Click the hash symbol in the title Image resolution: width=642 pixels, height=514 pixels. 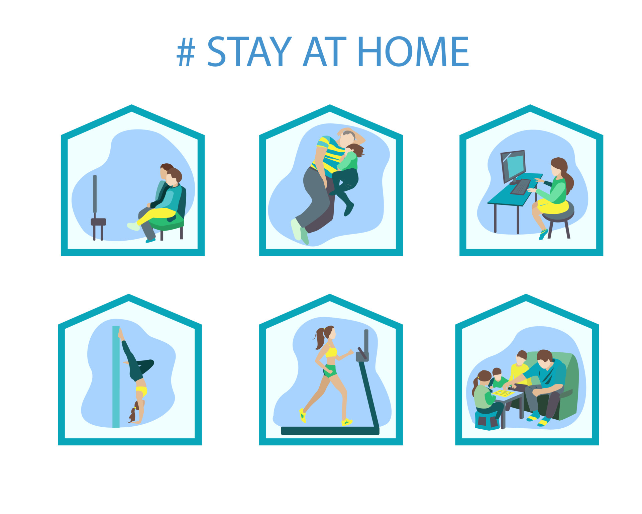[186, 52]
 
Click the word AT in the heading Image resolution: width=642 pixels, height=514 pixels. [324, 52]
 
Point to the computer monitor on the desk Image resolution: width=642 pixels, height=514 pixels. [513, 166]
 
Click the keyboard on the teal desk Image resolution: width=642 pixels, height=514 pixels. [520, 187]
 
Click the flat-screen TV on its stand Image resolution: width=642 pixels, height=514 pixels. [95, 194]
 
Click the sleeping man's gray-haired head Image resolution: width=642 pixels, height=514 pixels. [348, 137]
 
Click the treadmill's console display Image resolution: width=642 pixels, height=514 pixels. [362, 355]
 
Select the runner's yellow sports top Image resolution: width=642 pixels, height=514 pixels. [331, 351]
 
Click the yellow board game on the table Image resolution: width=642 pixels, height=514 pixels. [503, 393]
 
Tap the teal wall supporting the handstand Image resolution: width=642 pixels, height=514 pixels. [116, 376]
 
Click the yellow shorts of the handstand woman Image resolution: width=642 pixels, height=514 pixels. [141, 391]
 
